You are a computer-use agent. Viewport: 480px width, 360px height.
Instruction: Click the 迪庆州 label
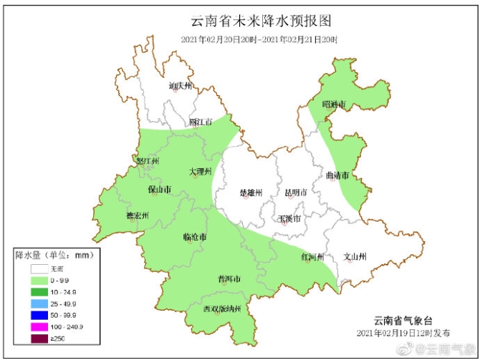pyautogui.click(x=181, y=86)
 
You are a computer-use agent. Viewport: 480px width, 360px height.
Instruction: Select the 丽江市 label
pyautogui.click(x=201, y=122)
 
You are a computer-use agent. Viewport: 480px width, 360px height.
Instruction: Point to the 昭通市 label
pyautogui.click(x=334, y=104)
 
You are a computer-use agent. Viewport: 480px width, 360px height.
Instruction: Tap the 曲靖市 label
pyautogui.click(x=337, y=175)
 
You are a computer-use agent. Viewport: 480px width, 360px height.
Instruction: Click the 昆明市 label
pyautogui.click(x=295, y=193)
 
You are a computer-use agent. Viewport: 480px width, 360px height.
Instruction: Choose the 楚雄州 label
pyautogui.click(x=251, y=193)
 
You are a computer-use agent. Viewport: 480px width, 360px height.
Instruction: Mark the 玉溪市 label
pyautogui.click(x=289, y=218)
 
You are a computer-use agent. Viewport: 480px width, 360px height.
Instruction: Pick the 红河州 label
pyautogui.click(x=312, y=256)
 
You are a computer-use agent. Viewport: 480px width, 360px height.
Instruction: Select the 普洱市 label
pyautogui.click(x=229, y=278)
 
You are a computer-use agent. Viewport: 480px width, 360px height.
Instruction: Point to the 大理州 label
pyautogui.click(x=201, y=172)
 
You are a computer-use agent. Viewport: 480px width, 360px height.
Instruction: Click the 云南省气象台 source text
pyautogui.click(x=403, y=320)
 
